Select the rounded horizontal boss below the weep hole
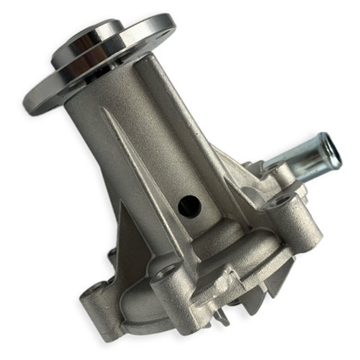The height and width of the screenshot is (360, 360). point(220,237)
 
